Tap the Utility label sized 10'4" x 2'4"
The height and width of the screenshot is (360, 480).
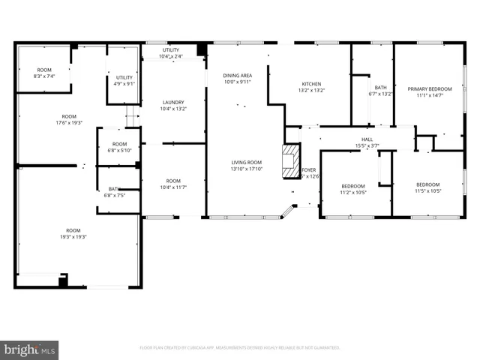171,53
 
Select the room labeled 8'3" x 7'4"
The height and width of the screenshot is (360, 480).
44,73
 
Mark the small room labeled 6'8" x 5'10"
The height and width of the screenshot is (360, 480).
120,147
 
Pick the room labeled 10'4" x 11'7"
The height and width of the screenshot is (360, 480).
173,184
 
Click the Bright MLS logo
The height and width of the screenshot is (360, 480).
30,349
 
